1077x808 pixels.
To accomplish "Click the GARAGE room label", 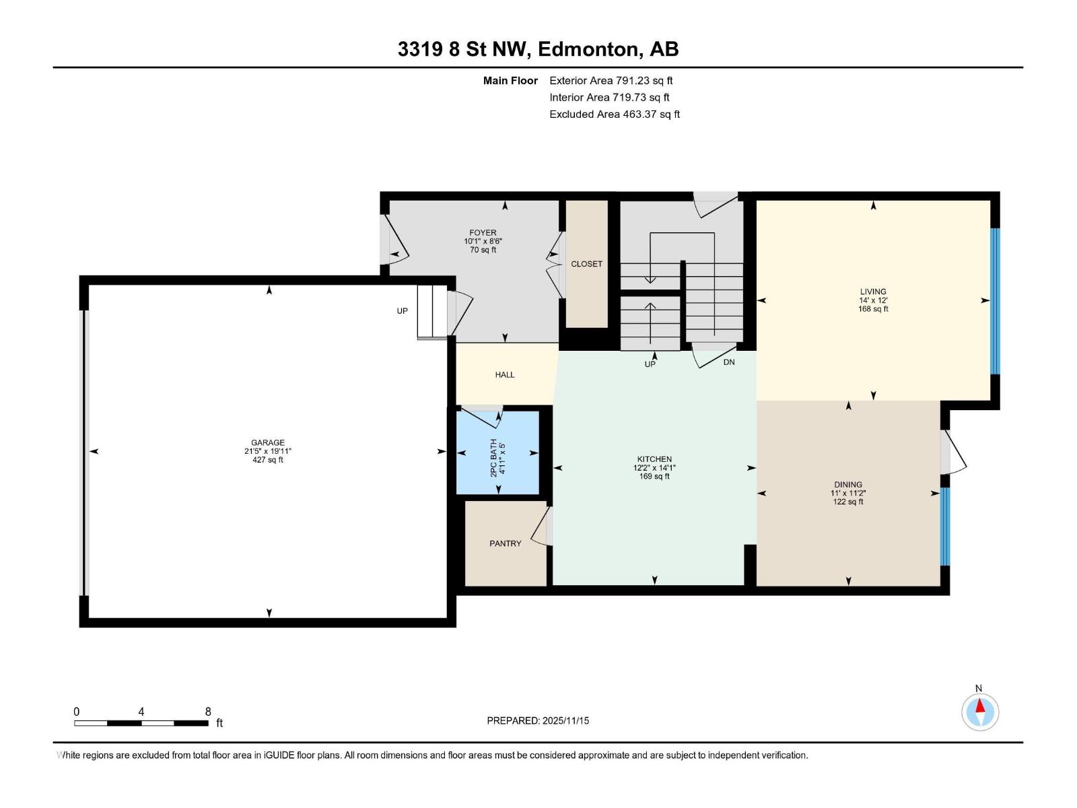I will [x=268, y=443].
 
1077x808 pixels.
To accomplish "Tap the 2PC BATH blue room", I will [x=498, y=452].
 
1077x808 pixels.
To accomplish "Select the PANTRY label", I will [x=505, y=543].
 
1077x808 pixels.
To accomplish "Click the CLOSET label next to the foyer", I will [x=586, y=264].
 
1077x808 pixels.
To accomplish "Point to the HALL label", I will [x=504, y=375].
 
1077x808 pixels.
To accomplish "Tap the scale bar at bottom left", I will [x=141, y=723].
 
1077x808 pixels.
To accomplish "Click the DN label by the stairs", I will [x=729, y=362].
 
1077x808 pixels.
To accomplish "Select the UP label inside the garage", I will [x=402, y=311].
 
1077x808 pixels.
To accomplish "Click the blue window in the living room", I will [x=995, y=301].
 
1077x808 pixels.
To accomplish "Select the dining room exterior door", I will [x=953, y=452].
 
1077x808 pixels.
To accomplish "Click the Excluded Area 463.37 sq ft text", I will [x=614, y=114].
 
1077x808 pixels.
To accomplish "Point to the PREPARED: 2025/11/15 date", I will [x=538, y=720].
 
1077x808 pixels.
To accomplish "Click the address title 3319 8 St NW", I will [x=538, y=49].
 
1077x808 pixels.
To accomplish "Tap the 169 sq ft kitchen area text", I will [x=654, y=477].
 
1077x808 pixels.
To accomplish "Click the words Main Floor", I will [x=510, y=81].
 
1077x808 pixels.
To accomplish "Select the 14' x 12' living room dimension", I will [x=873, y=300].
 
